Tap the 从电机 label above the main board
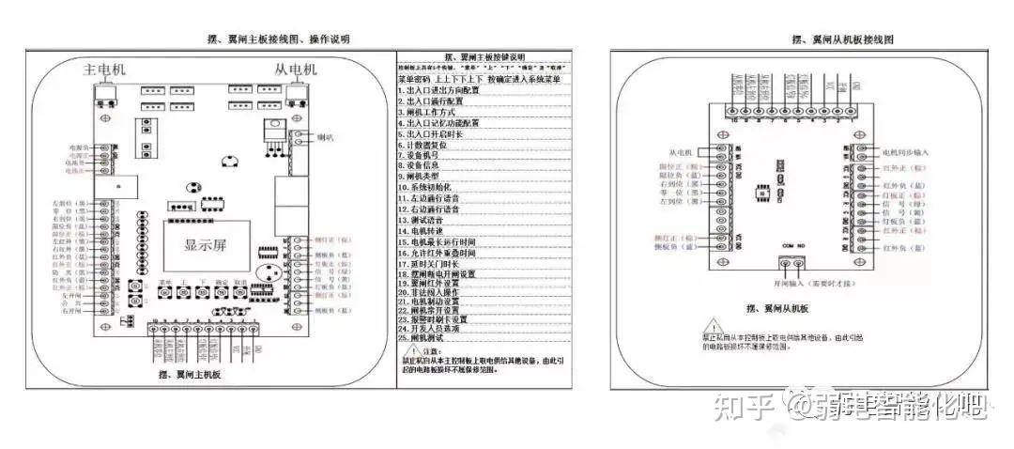(296, 70)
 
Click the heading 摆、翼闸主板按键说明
(481, 57)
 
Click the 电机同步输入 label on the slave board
(905, 151)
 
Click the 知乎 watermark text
(743, 407)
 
